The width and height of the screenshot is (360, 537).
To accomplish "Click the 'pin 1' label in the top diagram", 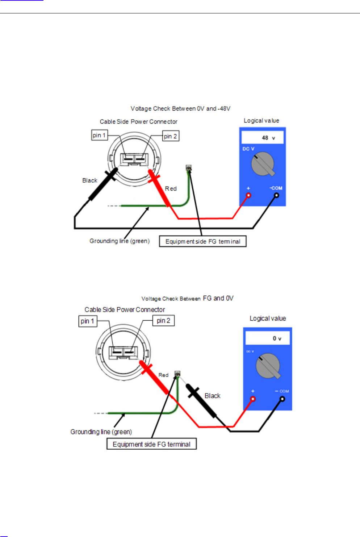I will tap(99, 135).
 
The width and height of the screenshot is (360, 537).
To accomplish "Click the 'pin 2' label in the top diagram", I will tap(171, 136).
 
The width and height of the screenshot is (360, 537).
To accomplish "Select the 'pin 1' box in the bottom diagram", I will tap(88, 321).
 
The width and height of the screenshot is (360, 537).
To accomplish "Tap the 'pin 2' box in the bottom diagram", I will tap(163, 321).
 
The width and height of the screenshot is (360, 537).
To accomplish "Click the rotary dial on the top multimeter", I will tap(263, 164).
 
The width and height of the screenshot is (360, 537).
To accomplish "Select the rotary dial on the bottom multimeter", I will tap(268, 366).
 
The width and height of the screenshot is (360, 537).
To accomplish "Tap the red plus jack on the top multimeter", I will tap(249, 196).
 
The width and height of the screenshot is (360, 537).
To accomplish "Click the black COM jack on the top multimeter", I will tap(276, 195).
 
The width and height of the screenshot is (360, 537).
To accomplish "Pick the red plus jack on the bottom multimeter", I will tap(253, 399).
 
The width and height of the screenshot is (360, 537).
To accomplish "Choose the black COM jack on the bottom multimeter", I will tap(282, 399).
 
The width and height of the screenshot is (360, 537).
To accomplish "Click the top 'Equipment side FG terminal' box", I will tap(203, 241).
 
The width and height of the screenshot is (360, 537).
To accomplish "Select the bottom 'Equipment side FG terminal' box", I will tap(151, 444).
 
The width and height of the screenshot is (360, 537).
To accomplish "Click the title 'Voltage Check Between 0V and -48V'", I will tap(180, 109).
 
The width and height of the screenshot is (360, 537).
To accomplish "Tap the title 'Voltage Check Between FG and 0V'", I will tap(187, 298).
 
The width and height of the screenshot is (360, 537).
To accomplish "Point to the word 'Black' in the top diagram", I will tap(89, 180).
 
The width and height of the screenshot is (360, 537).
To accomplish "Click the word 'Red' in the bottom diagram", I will tap(163, 375).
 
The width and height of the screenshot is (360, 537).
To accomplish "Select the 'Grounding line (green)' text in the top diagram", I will tap(120, 241).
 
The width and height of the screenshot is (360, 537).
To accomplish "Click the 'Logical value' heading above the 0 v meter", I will tap(268, 319).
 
